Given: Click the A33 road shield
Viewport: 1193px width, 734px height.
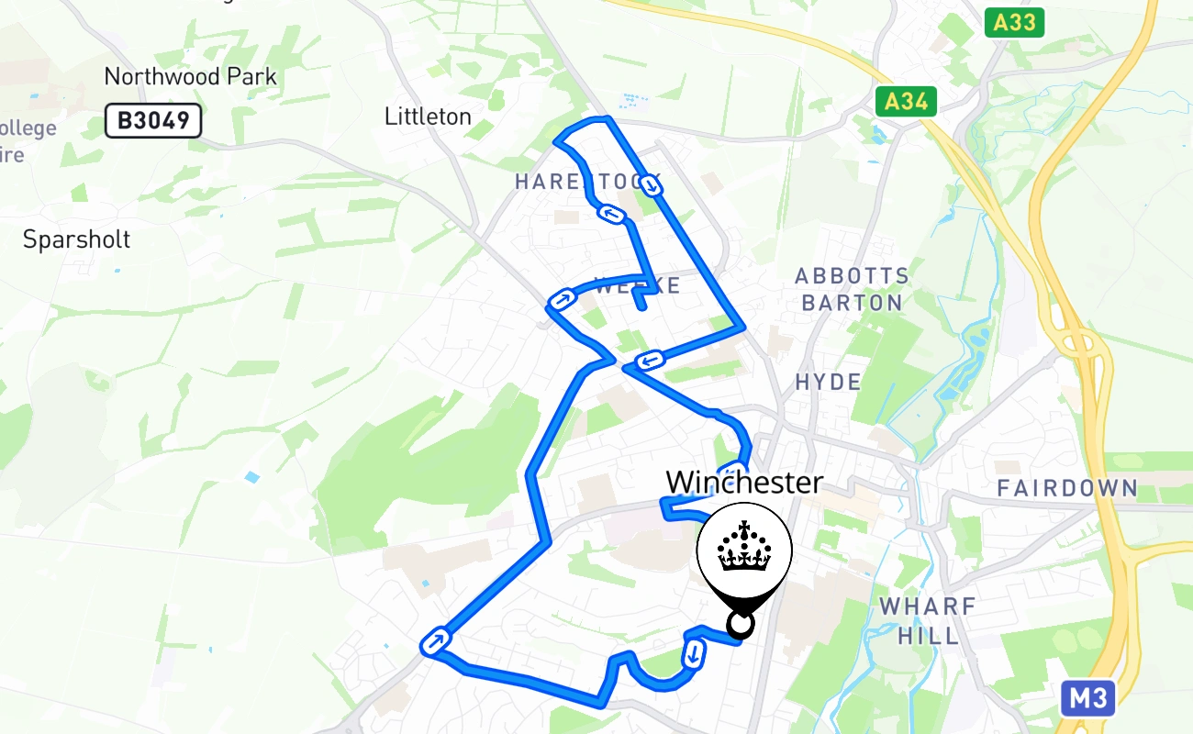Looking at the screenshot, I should pos(1014,23).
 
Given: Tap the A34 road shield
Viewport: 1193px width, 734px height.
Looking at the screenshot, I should pos(906,101).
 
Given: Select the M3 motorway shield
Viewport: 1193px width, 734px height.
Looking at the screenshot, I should pos(1088,699).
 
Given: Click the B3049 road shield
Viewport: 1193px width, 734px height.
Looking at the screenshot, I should pos(152,120).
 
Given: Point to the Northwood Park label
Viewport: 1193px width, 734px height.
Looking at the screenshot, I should pos(190,76).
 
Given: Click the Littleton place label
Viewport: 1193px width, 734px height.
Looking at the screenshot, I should pos(428,117).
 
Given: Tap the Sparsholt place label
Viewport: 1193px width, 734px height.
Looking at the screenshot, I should pos(76,239).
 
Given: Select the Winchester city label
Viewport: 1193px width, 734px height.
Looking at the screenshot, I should pos(744,482).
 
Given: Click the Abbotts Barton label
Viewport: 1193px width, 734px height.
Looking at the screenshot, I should pos(852,289).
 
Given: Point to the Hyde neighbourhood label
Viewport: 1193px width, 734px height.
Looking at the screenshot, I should pos(829,382).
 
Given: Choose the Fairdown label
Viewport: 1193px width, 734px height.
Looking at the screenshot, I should pos(1067,488).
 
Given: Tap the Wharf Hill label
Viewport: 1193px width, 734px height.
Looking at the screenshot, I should pos(928,620).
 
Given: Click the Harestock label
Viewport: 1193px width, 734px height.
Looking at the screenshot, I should pos(587,182).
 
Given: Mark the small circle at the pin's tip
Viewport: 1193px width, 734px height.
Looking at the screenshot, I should pos(741,625).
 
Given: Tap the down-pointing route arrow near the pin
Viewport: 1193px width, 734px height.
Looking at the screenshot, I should pos(694,653).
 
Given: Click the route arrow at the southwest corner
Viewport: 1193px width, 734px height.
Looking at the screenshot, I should pos(435,639).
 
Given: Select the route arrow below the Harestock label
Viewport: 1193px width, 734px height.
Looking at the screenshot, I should pos(612,215).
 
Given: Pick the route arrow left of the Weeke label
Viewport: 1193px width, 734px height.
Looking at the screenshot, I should pos(561,299).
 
